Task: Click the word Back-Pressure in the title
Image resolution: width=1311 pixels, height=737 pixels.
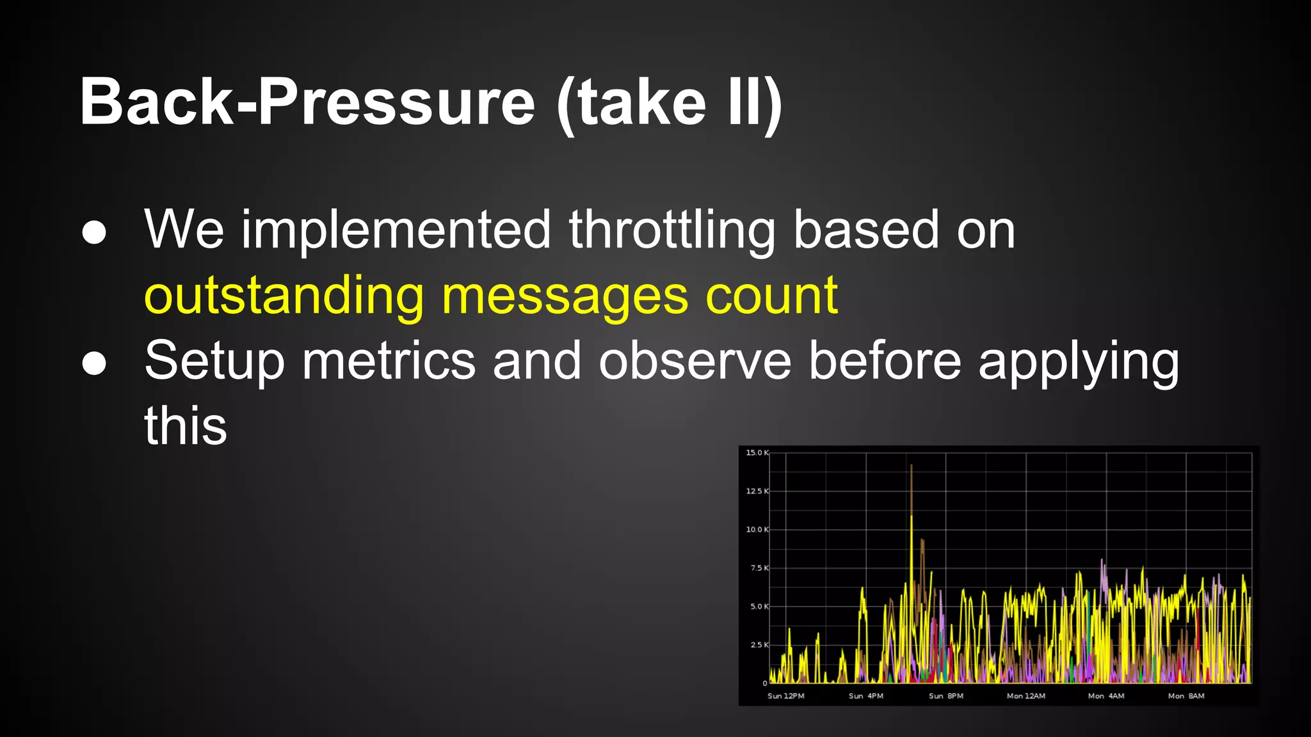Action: click(307, 102)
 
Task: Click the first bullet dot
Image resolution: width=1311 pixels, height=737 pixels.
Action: click(94, 232)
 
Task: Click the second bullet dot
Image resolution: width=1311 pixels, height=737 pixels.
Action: click(94, 363)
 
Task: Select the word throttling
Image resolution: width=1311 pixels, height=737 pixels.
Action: click(672, 230)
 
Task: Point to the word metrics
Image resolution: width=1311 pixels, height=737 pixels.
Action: click(389, 361)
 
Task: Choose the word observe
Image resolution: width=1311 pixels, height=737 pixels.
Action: click(695, 361)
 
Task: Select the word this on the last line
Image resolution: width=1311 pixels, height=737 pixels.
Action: click(186, 427)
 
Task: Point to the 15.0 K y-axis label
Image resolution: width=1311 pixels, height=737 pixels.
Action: click(757, 453)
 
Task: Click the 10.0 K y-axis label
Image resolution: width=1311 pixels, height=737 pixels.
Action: click(757, 530)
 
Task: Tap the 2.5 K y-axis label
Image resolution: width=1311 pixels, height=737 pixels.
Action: click(759, 645)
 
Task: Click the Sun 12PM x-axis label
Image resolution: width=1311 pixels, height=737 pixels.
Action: click(785, 696)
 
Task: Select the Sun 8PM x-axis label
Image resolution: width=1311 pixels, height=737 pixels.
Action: click(945, 696)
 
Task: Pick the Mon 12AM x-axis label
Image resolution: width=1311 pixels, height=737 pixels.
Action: click(1025, 696)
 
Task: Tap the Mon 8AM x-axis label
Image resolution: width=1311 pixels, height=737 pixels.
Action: click(1186, 696)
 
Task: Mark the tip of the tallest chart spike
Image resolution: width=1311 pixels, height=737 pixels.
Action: click(911, 466)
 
